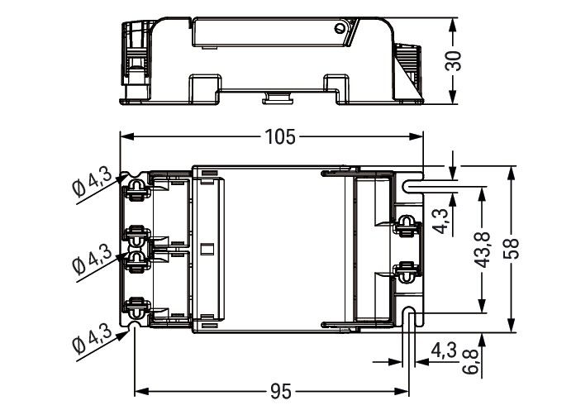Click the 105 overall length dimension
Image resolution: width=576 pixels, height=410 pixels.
pos(279,137)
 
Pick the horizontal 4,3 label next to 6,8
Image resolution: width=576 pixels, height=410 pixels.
pos(443,350)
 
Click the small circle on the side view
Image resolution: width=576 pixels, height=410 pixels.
pos(340,31)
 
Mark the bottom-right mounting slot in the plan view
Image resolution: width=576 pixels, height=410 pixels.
pos(410,314)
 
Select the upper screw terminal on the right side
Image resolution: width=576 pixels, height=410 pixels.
pos(406,224)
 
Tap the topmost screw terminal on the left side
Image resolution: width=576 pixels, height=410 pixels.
pos(134,191)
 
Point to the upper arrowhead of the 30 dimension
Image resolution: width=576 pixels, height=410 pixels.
pos(453,21)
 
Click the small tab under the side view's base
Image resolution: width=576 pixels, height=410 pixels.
pos(277,99)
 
